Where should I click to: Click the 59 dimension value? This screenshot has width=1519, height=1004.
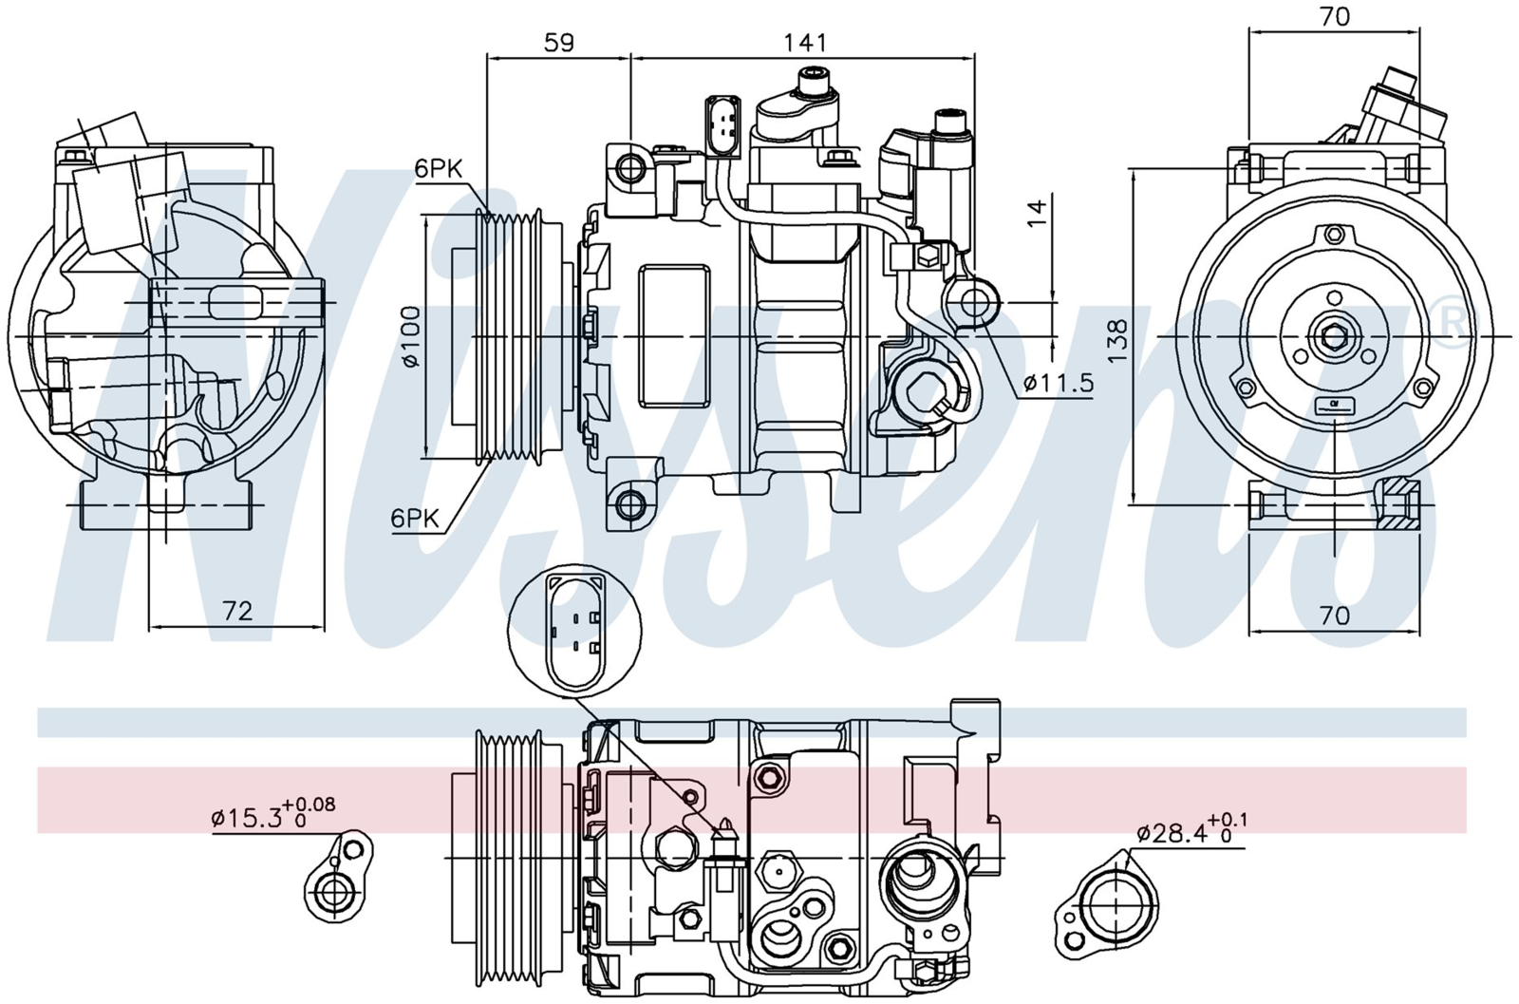click(559, 44)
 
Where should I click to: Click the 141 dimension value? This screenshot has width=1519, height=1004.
click(806, 44)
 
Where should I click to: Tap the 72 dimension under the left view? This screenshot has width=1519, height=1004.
click(237, 612)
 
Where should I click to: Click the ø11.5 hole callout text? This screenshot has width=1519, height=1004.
click(1059, 384)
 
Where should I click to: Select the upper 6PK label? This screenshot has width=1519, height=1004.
click(439, 170)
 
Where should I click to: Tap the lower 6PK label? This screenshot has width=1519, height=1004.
click(414, 519)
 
